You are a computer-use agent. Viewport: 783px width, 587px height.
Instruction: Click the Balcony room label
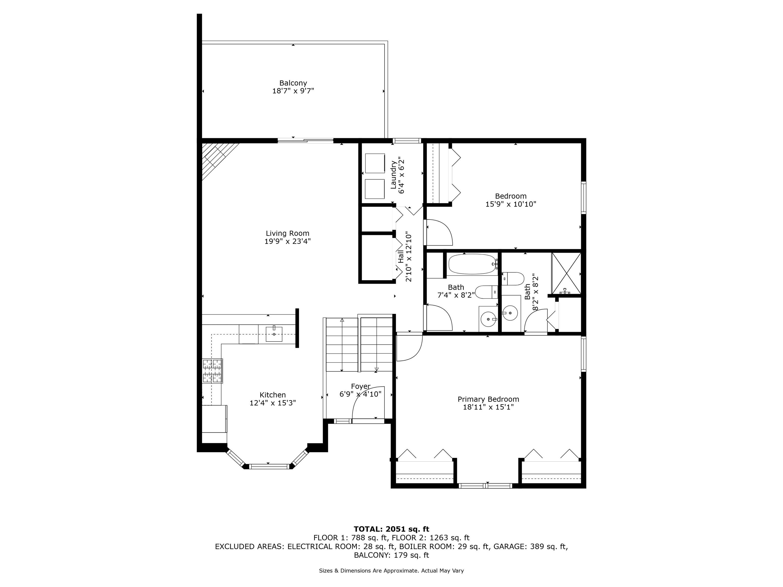tap(293, 83)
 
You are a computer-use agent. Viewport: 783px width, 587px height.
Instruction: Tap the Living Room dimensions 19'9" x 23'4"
tap(288, 241)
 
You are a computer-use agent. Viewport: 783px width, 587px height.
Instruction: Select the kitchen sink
tap(274, 334)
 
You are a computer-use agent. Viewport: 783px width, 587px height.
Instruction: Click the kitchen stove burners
tap(212, 371)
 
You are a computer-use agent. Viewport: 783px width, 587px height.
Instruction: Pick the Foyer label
tap(361, 386)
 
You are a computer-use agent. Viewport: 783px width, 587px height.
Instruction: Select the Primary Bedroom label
tap(488, 399)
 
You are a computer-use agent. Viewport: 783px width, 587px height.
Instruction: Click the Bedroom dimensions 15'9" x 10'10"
tap(511, 204)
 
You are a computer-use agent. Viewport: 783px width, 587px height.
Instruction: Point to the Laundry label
tap(393, 175)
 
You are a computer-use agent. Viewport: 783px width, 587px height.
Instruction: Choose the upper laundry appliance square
tap(375, 163)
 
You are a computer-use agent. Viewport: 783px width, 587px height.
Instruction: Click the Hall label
tap(401, 257)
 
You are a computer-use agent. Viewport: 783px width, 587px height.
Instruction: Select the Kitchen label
tap(272, 395)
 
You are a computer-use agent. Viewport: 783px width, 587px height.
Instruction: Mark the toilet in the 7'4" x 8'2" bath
tap(487, 292)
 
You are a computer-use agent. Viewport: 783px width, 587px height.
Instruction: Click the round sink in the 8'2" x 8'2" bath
tap(510, 312)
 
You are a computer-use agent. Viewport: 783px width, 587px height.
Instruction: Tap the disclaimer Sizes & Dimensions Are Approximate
tap(391, 571)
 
